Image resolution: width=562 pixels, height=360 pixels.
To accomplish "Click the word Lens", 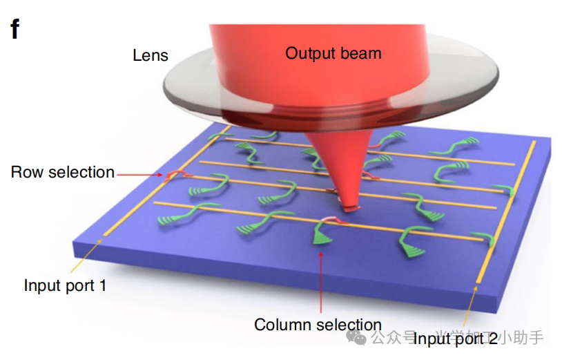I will pyautogui.click(x=151, y=55).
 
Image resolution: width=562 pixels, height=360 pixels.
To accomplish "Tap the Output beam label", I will pyautogui.click(x=333, y=53).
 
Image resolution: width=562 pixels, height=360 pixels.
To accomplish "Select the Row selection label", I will pyautogui.click(x=63, y=172).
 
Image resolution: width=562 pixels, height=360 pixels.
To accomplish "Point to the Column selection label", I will pyautogui.click(x=318, y=324).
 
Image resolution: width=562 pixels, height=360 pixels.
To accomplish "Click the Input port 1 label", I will pyautogui.click(x=65, y=285).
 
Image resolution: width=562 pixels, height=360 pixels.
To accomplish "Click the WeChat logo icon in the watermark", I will pyautogui.click(x=358, y=337).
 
